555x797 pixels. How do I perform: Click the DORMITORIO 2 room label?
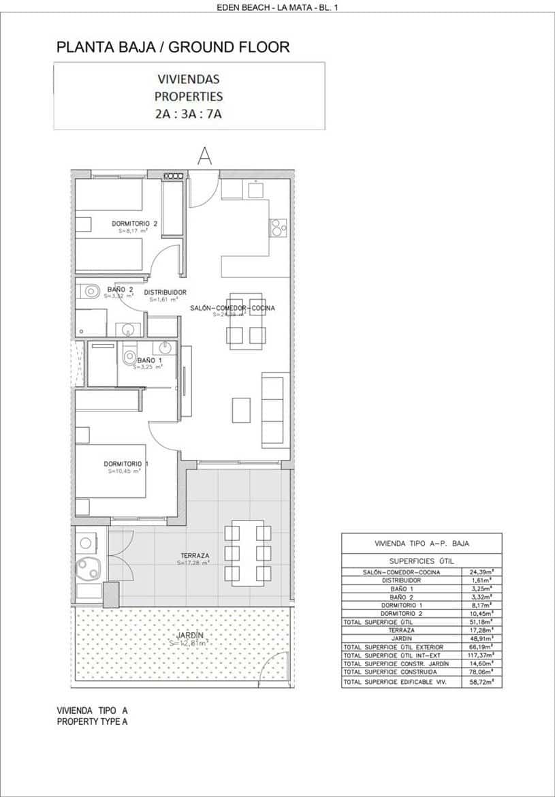coord(134,223)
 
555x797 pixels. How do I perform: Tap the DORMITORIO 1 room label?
coord(126,464)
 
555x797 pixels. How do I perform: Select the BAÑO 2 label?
coord(120,290)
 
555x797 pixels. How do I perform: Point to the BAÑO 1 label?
coord(149,360)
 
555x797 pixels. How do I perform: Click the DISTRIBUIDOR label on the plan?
coord(165,292)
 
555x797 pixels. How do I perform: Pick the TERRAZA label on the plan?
coord(195,555)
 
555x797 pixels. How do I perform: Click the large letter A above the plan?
coord(204,155)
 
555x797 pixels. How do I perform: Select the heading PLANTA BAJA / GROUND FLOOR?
coord(173,47)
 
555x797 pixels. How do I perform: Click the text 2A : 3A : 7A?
coord(189,114)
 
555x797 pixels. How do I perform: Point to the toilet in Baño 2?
coord(89,292)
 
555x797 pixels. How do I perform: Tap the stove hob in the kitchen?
coord(278,227)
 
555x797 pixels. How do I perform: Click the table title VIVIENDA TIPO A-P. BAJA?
coord(422,544)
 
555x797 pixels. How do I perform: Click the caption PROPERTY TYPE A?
coord(92,721)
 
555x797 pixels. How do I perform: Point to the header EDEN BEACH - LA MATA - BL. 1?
coord(276,7)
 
